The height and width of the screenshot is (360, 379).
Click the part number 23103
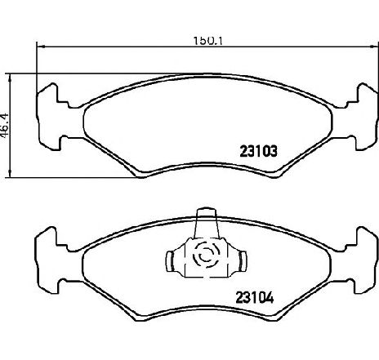tap(258, 151)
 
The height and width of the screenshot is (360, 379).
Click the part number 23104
tap(254, 297)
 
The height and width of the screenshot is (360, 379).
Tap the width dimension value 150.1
tap(208, 41)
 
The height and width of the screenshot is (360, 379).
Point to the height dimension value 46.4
tap(5, 126)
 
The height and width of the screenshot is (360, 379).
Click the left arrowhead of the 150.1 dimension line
tap(40, 47)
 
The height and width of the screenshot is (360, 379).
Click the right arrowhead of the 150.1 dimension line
tap(374, 47)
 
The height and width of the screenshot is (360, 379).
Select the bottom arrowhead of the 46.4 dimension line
tap(10, 173)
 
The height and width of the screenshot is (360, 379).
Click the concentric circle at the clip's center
tap(206, 256)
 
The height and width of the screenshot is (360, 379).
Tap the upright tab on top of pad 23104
tap(206, 223)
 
